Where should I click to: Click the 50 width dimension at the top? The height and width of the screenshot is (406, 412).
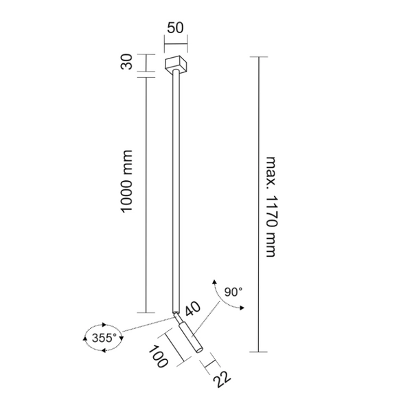(175, 28)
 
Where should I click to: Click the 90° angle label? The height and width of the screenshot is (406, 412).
(233, 292)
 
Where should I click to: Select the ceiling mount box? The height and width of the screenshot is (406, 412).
(176, 66)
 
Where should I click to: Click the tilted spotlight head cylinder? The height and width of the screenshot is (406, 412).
(189, 337)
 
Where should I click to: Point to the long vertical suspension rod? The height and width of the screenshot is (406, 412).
(176, 193)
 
